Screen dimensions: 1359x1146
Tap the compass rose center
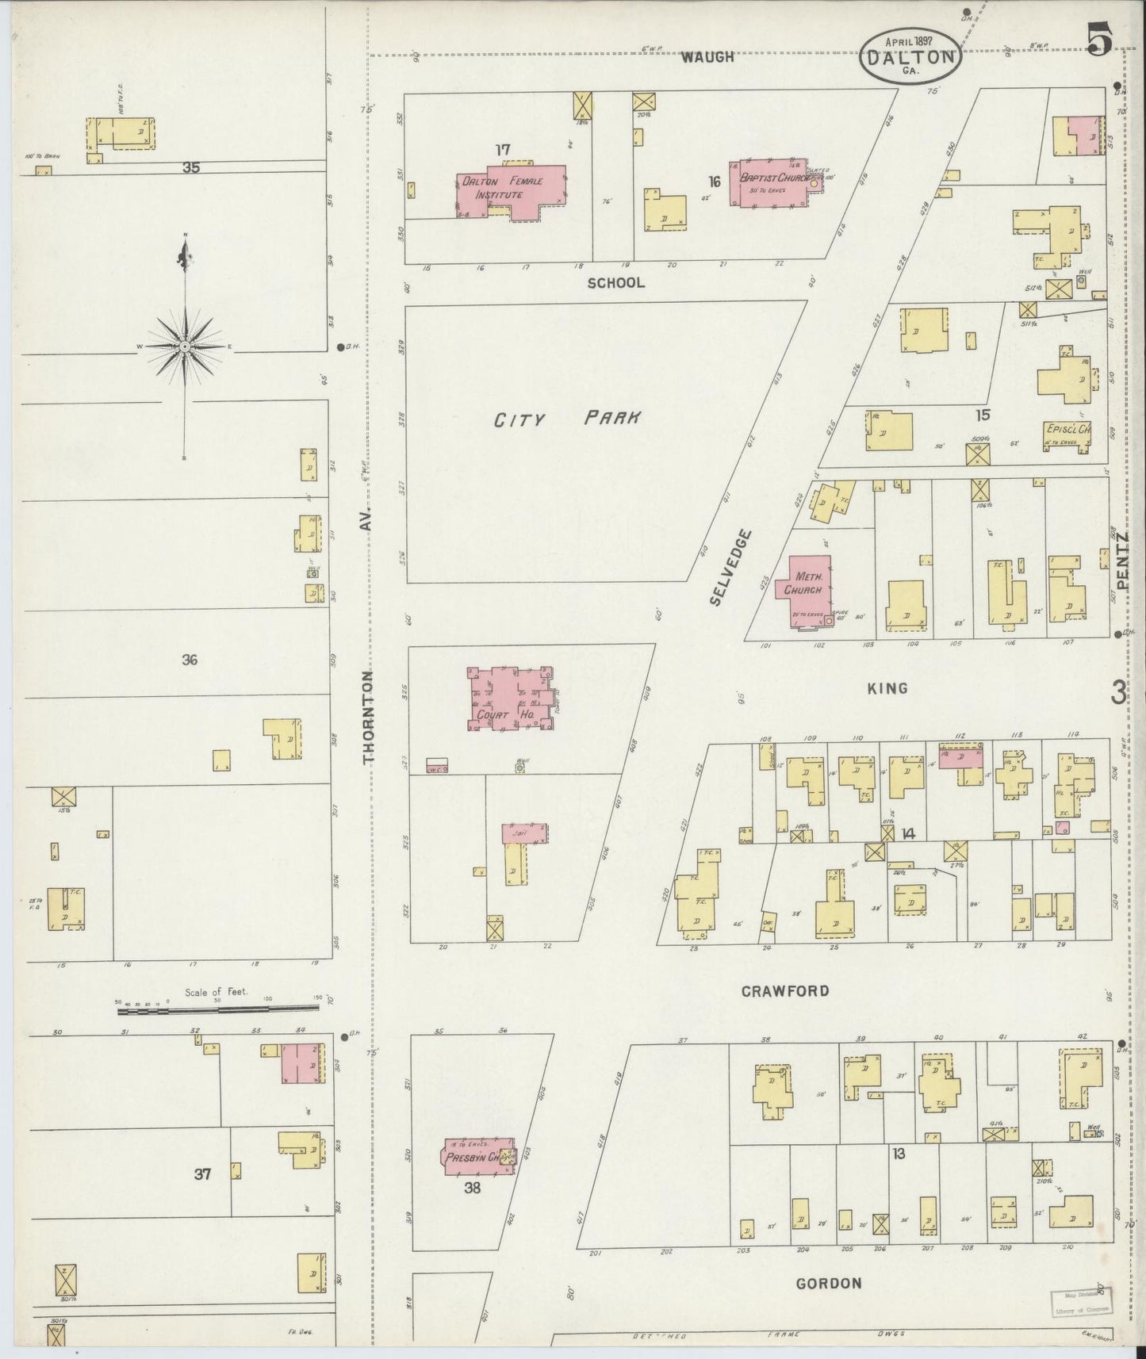coord(185,346)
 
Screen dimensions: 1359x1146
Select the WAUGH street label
coord(707,57)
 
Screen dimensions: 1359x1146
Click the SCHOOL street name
coord(615,282)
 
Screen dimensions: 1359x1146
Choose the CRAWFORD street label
coord(785,991)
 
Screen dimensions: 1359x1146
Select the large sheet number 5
coord(1098,40)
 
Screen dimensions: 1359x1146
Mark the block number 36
coord(189,660)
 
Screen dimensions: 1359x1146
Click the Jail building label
coord(521,833)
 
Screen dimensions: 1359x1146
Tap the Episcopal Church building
coord(1067,434)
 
